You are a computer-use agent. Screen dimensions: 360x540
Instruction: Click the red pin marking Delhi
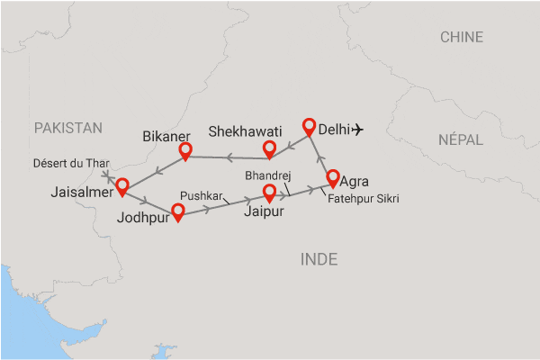(310, 127)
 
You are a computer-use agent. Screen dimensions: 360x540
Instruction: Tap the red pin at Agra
(333, 177)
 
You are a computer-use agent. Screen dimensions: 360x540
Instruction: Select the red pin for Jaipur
(268, 192)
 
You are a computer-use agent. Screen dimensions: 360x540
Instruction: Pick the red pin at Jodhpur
(178, 211)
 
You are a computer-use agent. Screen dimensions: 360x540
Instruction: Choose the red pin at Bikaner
(185, 150)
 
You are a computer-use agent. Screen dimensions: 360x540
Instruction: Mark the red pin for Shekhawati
(268, 148)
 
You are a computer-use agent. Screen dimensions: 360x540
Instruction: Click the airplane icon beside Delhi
(358, 130)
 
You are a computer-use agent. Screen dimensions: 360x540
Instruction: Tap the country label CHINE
(462, 37)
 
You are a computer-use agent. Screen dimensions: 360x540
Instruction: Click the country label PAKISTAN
(68, 129)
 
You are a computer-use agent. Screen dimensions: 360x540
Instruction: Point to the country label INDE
(319, 259)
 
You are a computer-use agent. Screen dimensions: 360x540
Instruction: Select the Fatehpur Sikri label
(364, 198)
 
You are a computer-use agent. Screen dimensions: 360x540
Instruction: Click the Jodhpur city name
(143, 217)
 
